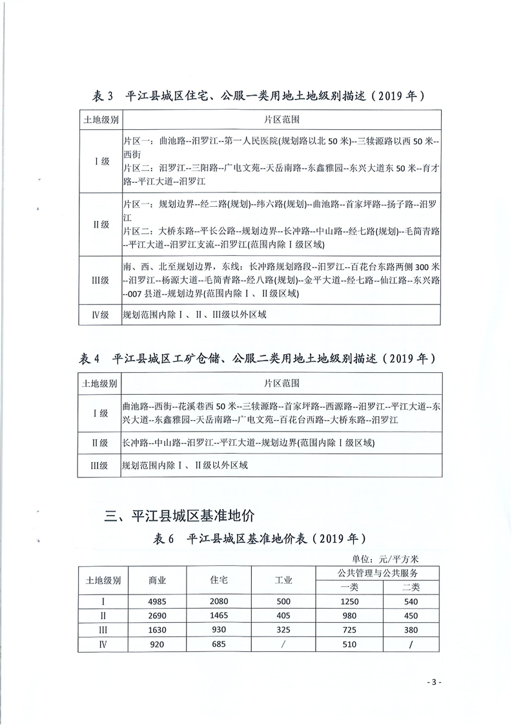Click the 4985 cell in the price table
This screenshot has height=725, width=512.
158,602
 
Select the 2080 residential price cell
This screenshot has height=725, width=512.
219,602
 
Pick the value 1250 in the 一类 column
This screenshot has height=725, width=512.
349,602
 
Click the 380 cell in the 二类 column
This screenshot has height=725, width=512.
411,630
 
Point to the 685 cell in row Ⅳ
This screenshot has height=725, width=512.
219,644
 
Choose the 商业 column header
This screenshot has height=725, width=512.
158,580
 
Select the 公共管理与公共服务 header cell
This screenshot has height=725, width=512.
380,573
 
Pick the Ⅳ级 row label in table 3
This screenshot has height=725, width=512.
100,316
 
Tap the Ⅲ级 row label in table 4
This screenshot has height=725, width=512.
100,465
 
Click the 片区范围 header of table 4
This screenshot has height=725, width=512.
282,383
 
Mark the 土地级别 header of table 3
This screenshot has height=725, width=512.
100,120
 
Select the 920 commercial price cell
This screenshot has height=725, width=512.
158,644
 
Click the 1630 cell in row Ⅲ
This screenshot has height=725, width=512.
158,630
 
